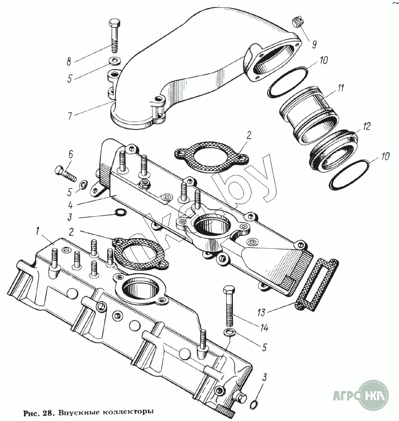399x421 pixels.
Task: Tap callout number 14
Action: pos(263,328)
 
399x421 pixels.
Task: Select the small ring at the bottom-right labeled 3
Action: pos(254,404)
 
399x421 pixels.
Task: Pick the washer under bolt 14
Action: pos(230,333)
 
